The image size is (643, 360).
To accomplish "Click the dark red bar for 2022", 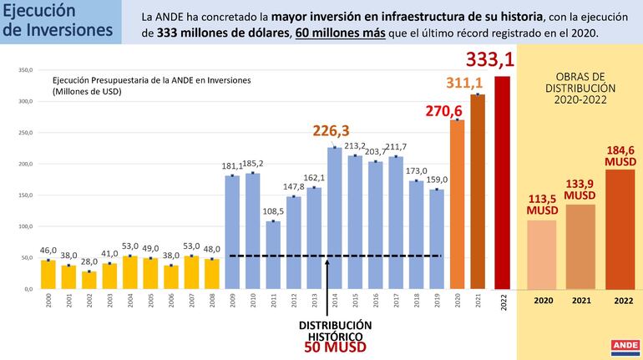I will pos(503,182).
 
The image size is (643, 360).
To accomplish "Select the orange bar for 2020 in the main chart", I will pos(457,204).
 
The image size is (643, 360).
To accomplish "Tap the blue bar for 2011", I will pos(273,255).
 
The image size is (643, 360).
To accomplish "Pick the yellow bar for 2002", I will pos(89,280).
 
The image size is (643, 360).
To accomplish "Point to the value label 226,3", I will pos(332,131).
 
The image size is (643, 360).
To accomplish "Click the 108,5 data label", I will pos(273,211).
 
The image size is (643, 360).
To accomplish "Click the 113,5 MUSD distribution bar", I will pos(542,255).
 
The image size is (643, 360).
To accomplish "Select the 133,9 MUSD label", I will pos(581,189).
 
